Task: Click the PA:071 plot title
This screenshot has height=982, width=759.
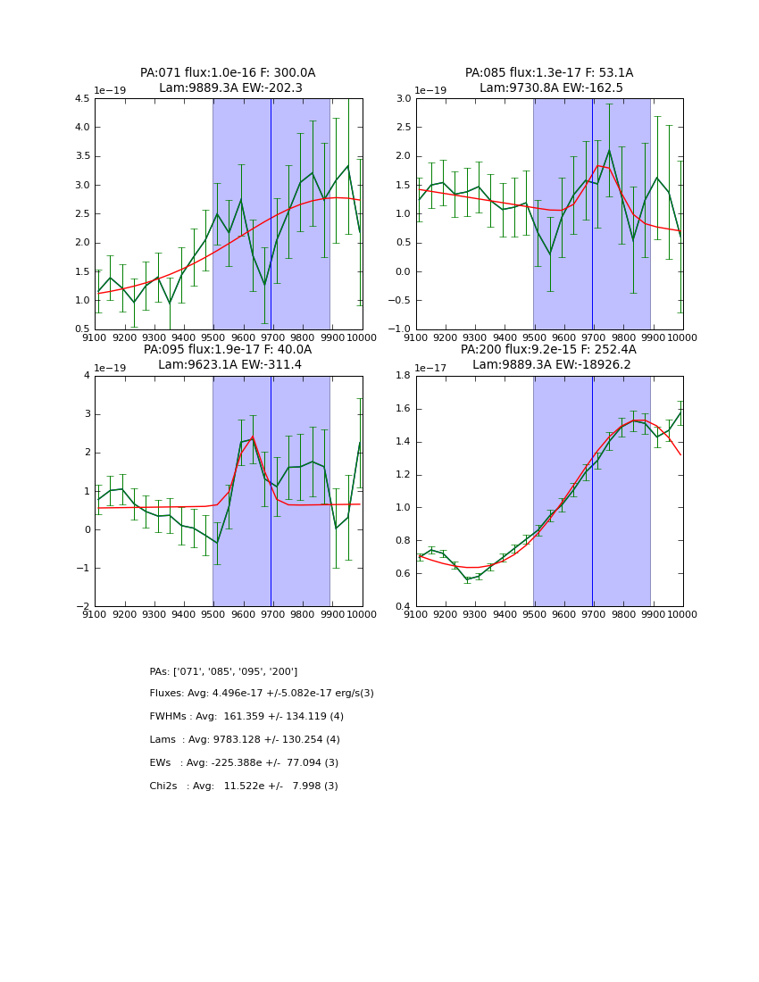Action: pyautogui.click(x=228, y=73)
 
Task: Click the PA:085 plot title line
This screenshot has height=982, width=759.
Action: pyautogui.click(x=549, y=73)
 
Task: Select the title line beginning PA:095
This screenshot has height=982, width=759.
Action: pyautogui.click(x=228, y=350)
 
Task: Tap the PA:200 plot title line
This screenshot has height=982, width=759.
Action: pyautogui.click(x=549, y=350)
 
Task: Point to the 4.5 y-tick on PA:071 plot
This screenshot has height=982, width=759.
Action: pyautogui.click(x=81, y=99)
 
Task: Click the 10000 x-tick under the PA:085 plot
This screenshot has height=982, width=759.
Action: pyautogui.click(x=682, y=337)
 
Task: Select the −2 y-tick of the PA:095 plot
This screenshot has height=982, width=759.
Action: pyautogui.click(x=83, y=607)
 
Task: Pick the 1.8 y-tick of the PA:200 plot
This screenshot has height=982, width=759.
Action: pyautogui.click(x=403, y=376)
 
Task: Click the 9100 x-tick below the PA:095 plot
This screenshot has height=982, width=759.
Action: pyautogui.click(x=95, y=614)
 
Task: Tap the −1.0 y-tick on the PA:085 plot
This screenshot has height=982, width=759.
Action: pyautogui.click(x=400, y=329)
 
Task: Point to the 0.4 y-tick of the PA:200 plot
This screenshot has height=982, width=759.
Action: pyautogui.click(x=403, y=607)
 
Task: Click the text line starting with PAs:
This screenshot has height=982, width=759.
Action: pyautogui.click(x=223, y=671)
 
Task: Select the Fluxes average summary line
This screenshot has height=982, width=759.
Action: pyautogui.click(x=262, y=694)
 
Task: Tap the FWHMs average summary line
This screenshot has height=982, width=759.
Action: pyautogui.click(x=246, y=717)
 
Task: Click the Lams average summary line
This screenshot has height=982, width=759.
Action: pyautogui.click(x=245, y=740)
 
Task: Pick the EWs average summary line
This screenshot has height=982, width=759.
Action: pyautogui.click(x=244, y=763)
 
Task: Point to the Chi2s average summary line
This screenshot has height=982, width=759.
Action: pyautogui.click(x=244, y=786)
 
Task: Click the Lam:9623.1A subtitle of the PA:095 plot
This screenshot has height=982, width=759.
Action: pyautogui.click(x=229, y=364)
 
